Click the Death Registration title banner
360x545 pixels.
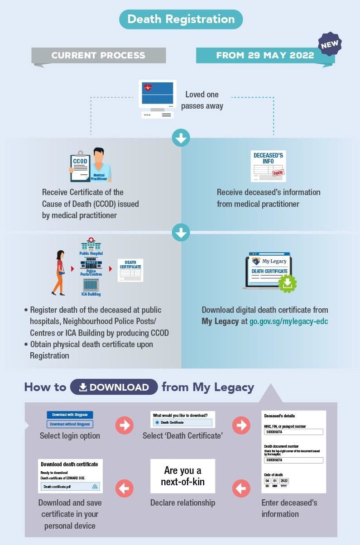pos(181,19)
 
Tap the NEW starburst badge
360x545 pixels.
pos(329,44)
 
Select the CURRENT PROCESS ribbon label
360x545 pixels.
pos(98,56)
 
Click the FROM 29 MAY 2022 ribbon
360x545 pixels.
pos(265,56)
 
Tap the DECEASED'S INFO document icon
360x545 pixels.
pos(268,166)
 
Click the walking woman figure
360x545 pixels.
pos(59,272)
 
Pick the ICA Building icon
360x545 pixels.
pos(91,285)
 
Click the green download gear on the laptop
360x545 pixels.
pos(288,283)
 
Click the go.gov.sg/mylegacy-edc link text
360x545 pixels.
pos(289,322)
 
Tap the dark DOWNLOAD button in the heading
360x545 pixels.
pos(114,387)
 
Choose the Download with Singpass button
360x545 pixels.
pos(70,415)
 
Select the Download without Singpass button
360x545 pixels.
pos(70,424)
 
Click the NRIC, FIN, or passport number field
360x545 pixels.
pos(293,432)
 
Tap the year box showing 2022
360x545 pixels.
pos(284,481)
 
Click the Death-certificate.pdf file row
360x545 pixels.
pos(70,487)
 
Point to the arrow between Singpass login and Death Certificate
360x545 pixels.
pos(124,425)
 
